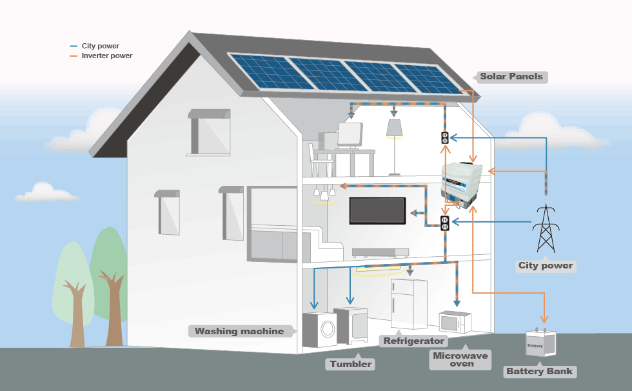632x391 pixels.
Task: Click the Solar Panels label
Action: pos(511,77)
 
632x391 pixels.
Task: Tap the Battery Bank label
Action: pos(540,371)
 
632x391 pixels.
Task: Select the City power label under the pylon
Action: pos(546,266)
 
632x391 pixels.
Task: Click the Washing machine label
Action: pos(239,332)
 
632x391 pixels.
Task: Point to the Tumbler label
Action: pos(350,364)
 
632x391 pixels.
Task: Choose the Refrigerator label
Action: pos(413,341)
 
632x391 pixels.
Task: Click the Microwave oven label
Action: pos(460,359)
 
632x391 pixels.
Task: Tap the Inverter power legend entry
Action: pos(101,55)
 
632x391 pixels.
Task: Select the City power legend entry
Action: pos(95,46)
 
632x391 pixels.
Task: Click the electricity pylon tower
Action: pos(546,228)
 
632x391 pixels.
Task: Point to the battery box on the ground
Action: pos(541,342)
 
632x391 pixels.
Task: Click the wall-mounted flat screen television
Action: pos(377,210)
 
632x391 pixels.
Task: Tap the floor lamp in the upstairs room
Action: pos(394,147)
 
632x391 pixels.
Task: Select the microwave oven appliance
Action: pos(455,322)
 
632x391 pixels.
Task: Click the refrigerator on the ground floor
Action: pos(409,303)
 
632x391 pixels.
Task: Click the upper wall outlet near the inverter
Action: pos(444,138)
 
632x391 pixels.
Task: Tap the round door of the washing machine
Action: pos(328,329)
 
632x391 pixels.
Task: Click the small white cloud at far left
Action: pos(46,193)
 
